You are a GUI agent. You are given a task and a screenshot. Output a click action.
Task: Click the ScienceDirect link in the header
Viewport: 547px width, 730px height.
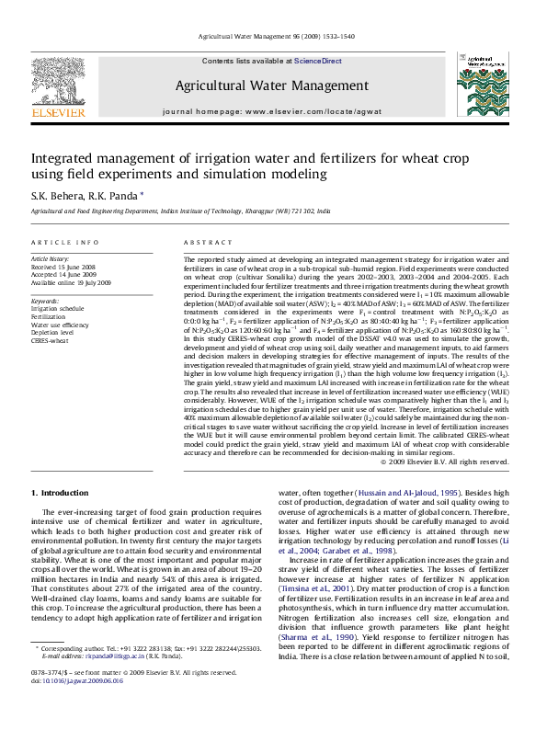(317, 61)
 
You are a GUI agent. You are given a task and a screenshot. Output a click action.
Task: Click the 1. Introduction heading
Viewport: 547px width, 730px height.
(60, 493)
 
